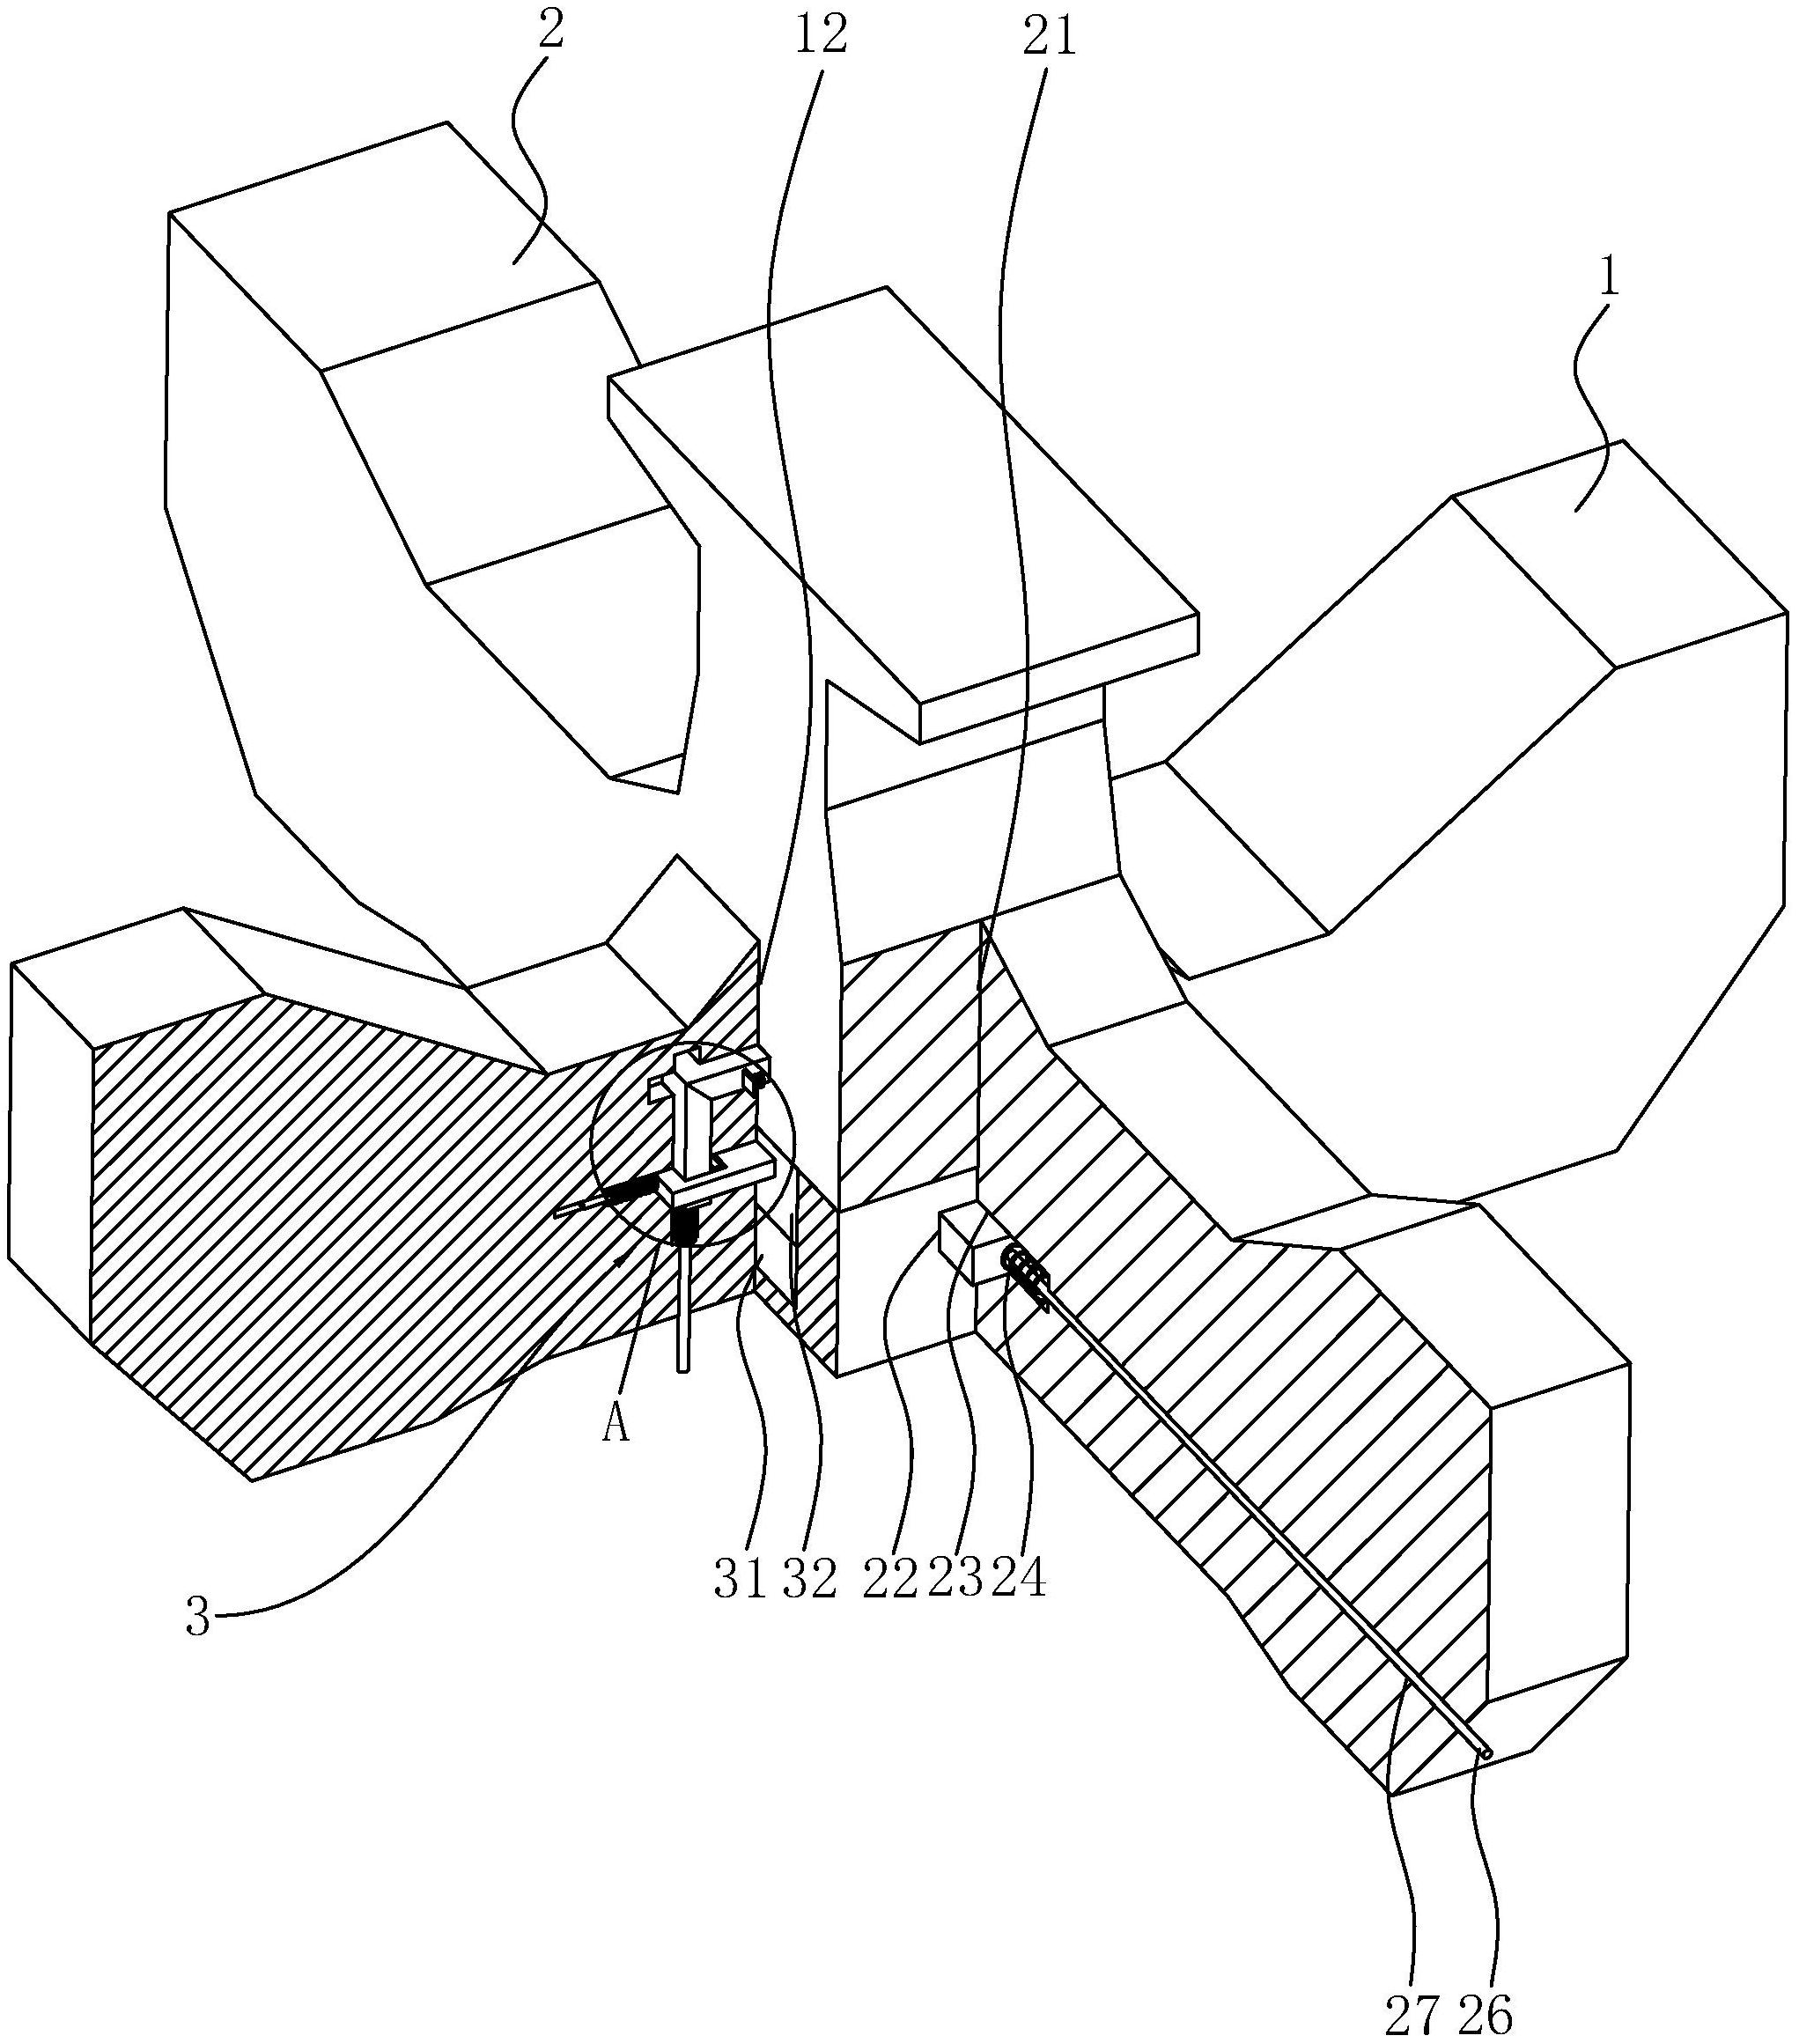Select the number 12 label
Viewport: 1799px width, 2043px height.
click(821, 37)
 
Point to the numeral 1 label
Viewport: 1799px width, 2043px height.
click(1608, 279)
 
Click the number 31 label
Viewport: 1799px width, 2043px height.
click(741, 1582)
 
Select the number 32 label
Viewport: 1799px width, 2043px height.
click(809, 1582)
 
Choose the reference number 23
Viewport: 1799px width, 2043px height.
click(955, 1582)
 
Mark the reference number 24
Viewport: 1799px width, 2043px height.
click(1019, 1582)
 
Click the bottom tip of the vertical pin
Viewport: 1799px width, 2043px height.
click(682, 1370)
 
